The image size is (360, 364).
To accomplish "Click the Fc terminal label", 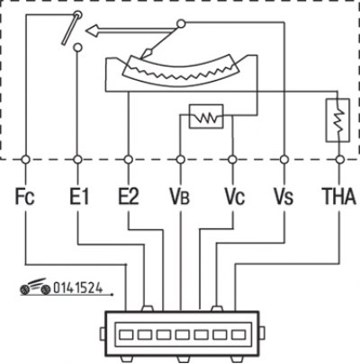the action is point(25,197).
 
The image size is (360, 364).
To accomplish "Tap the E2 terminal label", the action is point(129,197).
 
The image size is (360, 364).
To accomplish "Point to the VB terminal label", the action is point(180,197).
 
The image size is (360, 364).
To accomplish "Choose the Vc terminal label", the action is point(235,197).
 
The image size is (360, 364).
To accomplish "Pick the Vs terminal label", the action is point(283,197).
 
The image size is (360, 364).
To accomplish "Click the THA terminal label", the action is point(338,197).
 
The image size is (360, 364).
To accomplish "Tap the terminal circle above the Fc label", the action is point(26,160).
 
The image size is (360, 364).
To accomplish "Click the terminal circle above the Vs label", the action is point(284,160).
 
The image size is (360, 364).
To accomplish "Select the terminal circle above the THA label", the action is point(340,160).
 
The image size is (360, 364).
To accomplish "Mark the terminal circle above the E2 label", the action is point(129,160).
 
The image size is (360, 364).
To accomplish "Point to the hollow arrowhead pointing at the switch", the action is point(92,31).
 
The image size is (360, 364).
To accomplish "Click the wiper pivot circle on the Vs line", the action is point(181,23).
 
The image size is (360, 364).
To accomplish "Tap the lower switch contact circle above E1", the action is point(77,47).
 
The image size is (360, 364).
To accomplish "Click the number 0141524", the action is point(77,288).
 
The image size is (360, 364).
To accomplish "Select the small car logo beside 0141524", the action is point(35,287).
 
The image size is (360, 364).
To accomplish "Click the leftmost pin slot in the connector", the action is point(126,334).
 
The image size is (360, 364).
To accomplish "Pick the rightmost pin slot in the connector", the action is point(238,334).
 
